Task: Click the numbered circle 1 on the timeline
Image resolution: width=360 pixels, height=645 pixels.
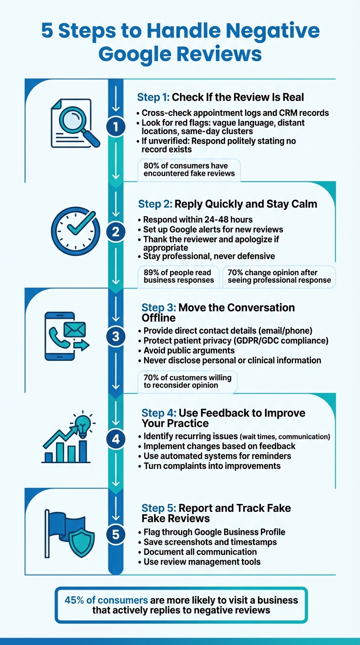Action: tap(116, 127)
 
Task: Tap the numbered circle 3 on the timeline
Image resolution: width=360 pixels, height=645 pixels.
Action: tap(116, 337)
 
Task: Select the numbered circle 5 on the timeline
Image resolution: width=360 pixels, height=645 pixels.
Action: tap(116, 534)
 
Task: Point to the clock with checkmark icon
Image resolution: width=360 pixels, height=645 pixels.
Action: tap(75, 231)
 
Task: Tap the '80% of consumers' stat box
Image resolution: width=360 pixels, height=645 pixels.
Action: tap(189, 170)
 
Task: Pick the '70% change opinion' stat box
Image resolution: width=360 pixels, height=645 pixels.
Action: tap(279, 276)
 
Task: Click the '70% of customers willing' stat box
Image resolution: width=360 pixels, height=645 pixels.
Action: tap(187, 381)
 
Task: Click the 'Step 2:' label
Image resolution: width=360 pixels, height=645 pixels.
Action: tap(155, 204)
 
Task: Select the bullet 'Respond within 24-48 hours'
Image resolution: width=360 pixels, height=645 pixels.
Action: tap(198, 219)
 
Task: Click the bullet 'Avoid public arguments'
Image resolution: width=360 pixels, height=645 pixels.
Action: tap(189, 350)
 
